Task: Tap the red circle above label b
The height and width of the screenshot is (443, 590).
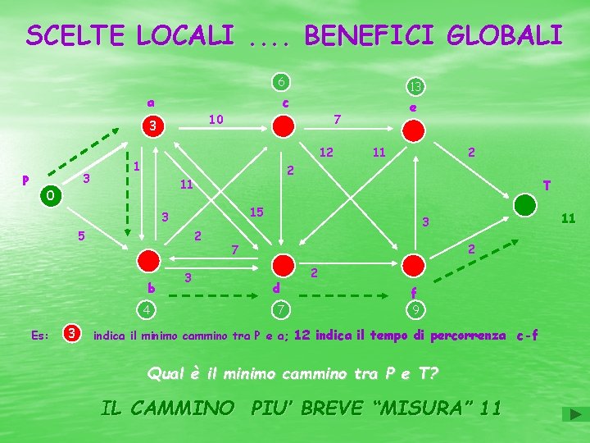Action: tap(148, 261)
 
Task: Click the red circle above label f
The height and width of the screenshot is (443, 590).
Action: tap(414, 266)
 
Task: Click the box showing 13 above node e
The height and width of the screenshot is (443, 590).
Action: tap(415, 86)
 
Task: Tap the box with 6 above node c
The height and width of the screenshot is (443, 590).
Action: tap(281, 81)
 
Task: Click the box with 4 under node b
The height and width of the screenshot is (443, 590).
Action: tap(145, 309)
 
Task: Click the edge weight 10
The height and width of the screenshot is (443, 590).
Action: tap(217, 119)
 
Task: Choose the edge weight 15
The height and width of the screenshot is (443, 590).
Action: tap(256, 212)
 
